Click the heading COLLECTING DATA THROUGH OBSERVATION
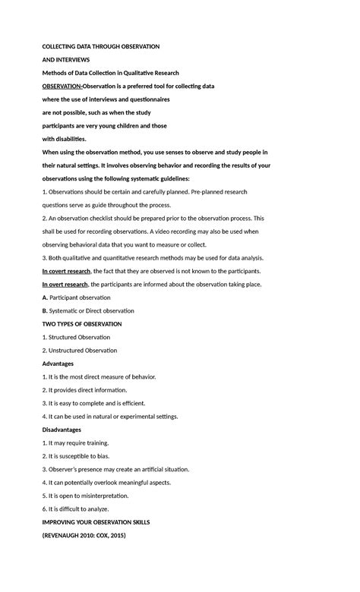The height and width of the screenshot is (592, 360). tap(100, 46)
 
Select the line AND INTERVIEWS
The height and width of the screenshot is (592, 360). tap(65, 59)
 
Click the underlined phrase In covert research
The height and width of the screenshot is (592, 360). tap(66, 271)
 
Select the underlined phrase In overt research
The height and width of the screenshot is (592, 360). tap(65, 284)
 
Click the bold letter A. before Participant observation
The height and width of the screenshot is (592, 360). tap(45, 298)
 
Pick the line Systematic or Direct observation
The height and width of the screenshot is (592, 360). tap(92, 310)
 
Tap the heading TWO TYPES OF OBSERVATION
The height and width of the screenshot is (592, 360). tap(81, 324)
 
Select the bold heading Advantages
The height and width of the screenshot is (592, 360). tap(58, 364)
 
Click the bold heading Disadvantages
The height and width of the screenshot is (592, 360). tap(62, 430)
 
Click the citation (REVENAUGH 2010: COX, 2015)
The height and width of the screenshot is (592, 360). tap(84, 535)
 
